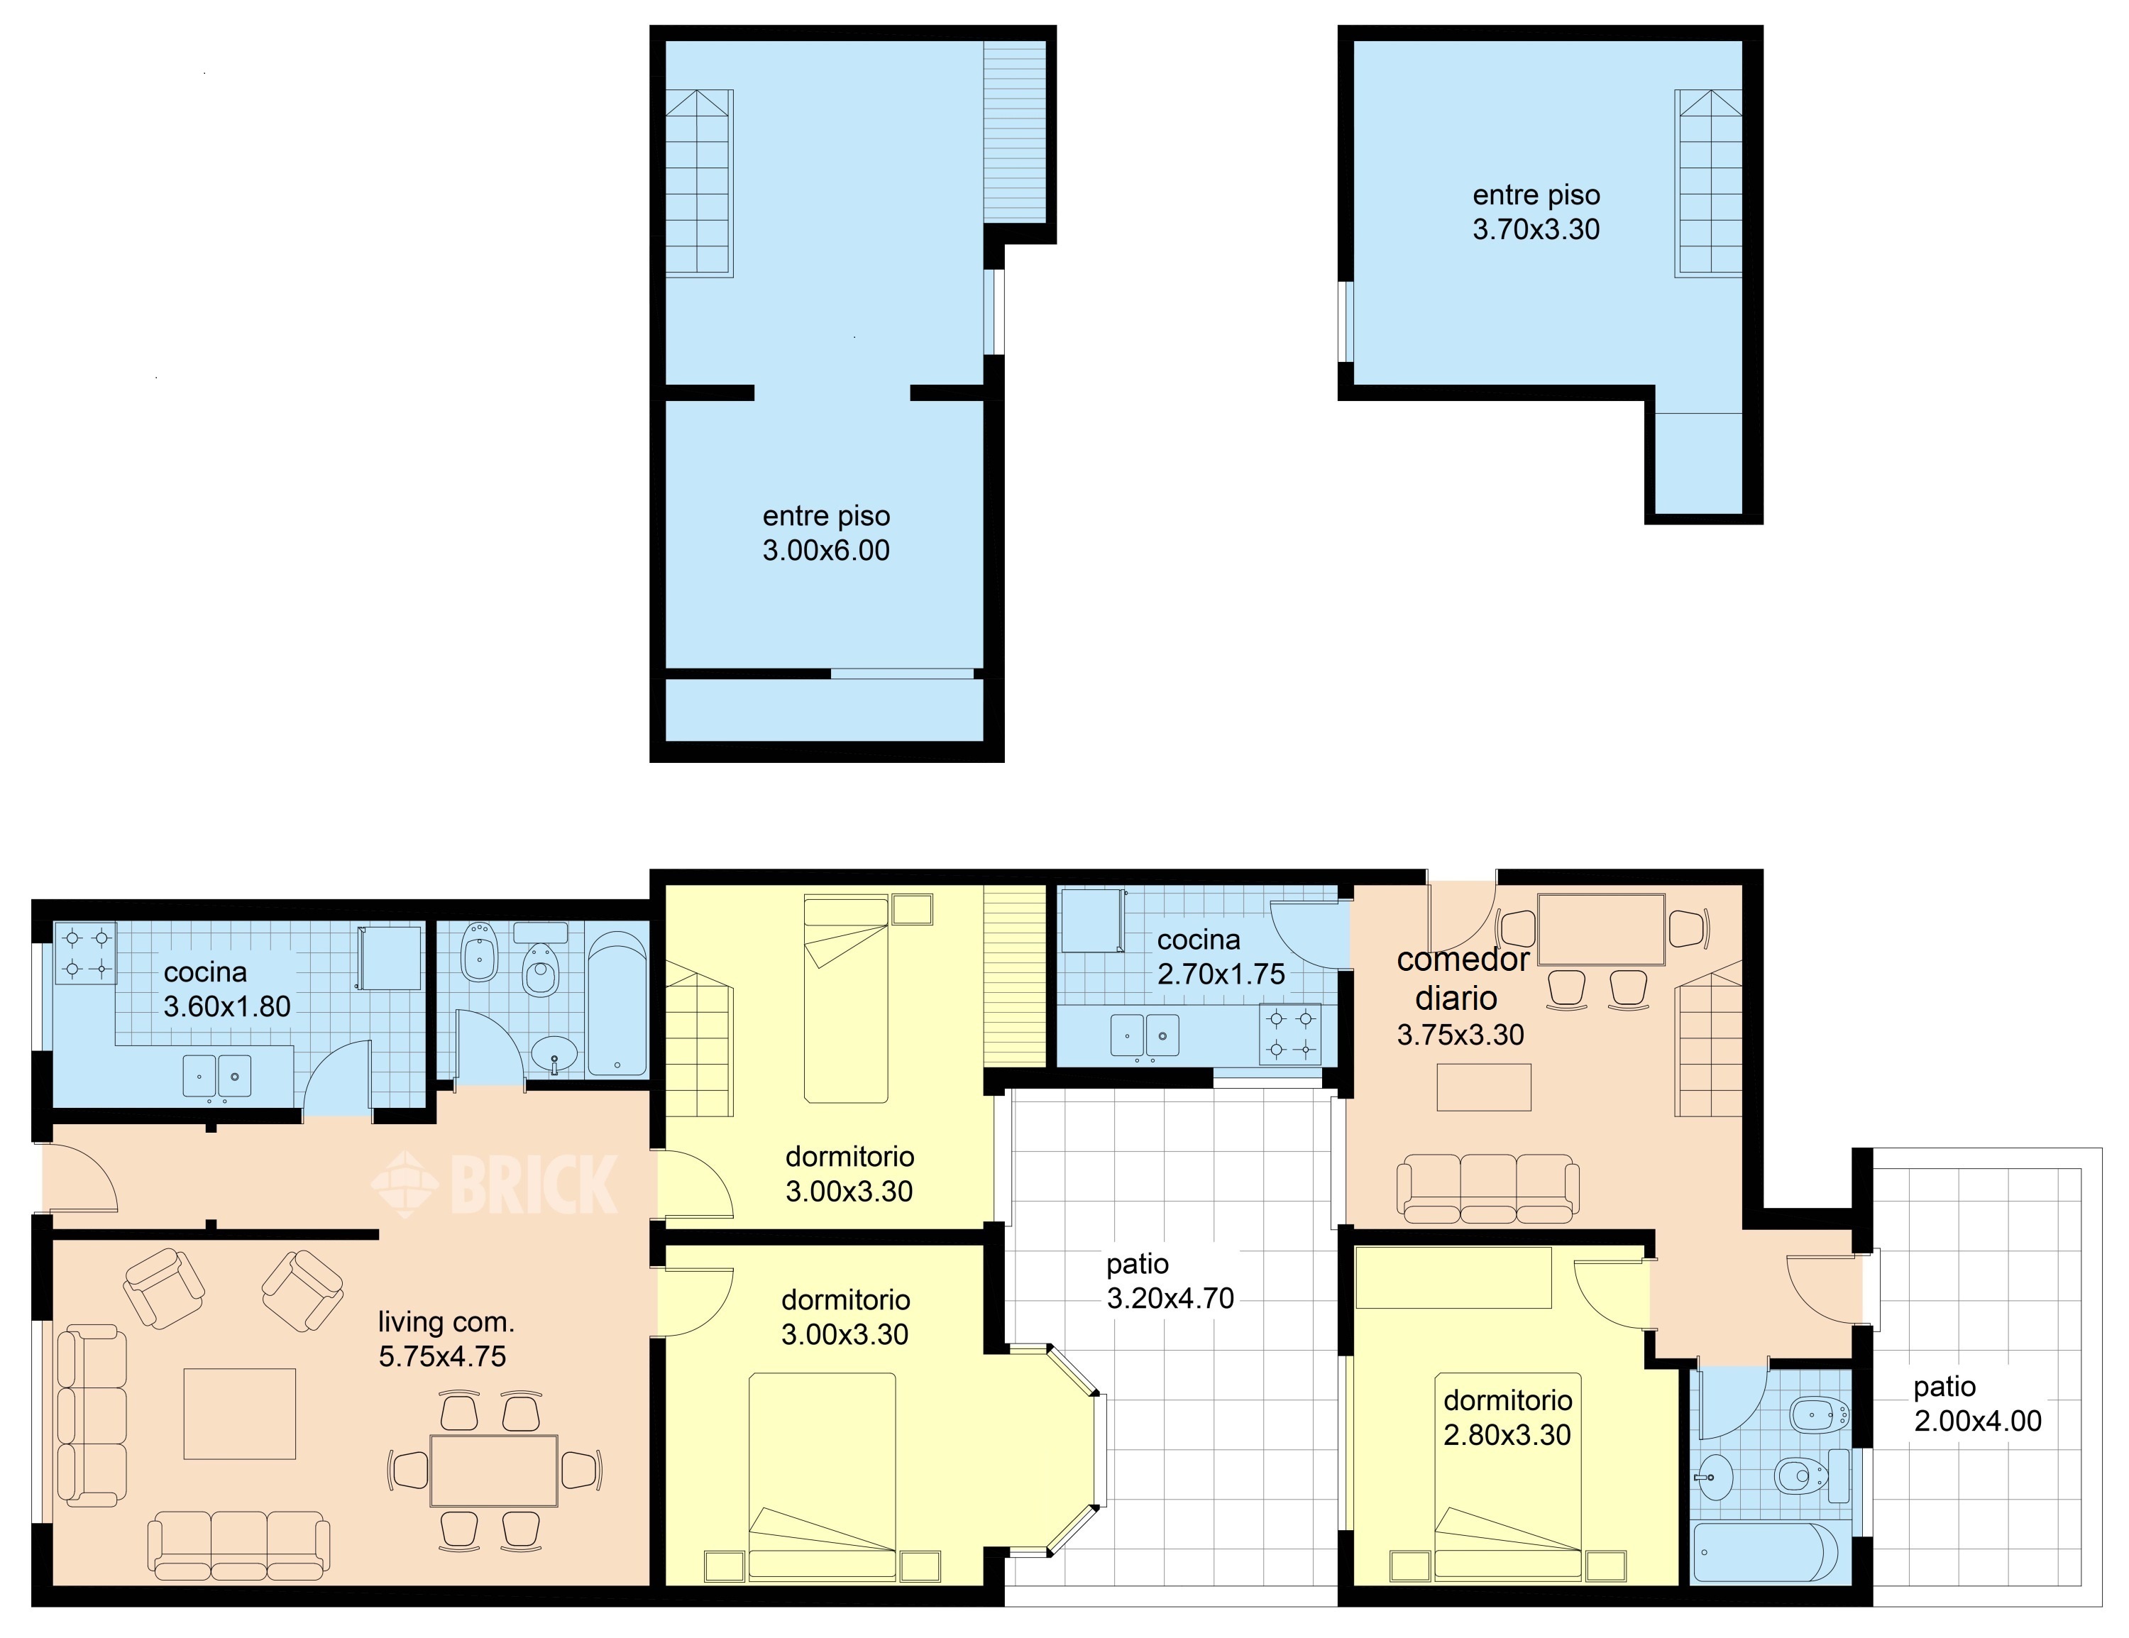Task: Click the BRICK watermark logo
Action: (x=494, y=1184)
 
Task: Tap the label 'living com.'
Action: (x=446, y=1322)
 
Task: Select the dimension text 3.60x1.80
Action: (x=227, y=1006)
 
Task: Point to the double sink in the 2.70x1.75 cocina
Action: (x=1145, y=1035)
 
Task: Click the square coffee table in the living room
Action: (x=240, y=1414)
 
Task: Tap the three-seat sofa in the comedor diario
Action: (x=1487, y=1189)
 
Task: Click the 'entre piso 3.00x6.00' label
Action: (x=825, y=533)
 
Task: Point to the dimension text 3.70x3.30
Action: (x=1536, y=229)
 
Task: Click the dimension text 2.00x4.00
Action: (x=1978, y=1422)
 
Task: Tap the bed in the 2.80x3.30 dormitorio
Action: (x=1508, y=1476)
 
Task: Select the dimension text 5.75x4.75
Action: (x=443, y=1356)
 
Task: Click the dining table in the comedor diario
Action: (x=1600, y=929)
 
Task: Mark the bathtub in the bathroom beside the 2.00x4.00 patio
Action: (x=1766, y=1551)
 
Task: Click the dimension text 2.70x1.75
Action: (x=1221, y=974)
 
